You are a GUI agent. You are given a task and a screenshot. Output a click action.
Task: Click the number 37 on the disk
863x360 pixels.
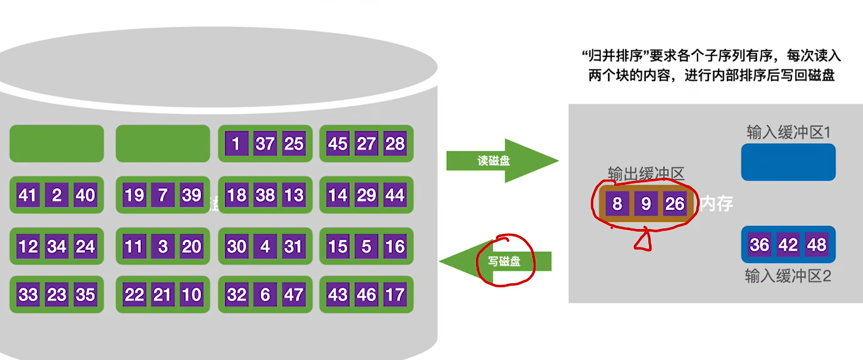click(x=265, y=144)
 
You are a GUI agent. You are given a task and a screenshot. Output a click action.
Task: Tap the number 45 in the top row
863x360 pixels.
click(x=338, y=144)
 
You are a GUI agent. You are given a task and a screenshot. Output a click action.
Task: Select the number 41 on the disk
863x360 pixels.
click(x=28, y=195)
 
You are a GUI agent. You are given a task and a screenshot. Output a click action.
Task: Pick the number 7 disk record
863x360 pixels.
click(x=163, y=195)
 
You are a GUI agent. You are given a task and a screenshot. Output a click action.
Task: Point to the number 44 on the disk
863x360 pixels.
click(x=395, y=195)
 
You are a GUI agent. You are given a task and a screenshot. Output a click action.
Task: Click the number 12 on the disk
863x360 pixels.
click(x=28, y=246)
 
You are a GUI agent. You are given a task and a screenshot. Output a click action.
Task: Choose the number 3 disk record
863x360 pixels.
click(x=163, y=246)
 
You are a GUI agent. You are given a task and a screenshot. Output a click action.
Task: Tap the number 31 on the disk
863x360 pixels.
click(x=293, y=246)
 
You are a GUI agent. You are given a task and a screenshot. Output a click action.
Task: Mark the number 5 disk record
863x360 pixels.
click(x=366, y=246)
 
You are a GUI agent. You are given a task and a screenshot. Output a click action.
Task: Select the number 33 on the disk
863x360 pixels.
click(x=28, y=295)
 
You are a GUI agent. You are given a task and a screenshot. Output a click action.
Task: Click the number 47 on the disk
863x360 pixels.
click(x=293, y=295)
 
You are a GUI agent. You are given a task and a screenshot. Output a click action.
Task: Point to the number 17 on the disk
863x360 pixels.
click(x=395, y=295)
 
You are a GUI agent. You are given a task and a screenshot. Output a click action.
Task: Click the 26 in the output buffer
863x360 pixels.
click(x=674, y=203)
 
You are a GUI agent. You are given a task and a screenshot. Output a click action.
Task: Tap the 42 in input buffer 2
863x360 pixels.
click(x=788, y=244)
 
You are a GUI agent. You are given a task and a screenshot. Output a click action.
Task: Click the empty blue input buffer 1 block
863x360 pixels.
click(x=788, y=162)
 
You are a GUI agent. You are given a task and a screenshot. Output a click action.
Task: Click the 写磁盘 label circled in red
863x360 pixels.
click(x=504, y=261)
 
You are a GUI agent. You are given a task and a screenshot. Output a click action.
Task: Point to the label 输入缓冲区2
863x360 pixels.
click(x=788, y=276)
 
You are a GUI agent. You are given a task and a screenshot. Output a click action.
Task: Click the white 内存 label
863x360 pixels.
click(x=716, y=203)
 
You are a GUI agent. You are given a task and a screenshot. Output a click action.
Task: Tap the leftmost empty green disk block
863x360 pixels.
click(x=56, y=144)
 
